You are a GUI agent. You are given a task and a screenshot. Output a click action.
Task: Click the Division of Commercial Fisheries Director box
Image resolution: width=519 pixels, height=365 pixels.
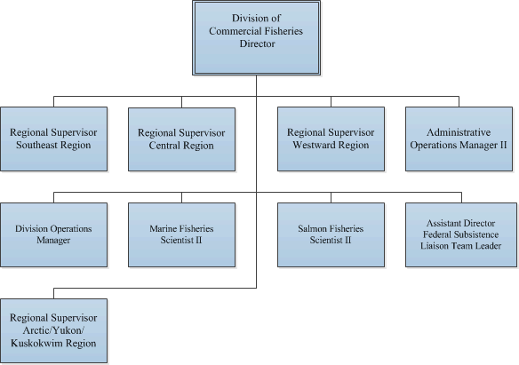coord(257,37)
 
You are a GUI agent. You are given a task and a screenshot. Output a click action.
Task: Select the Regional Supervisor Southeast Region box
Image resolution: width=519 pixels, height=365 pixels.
coord(53,139)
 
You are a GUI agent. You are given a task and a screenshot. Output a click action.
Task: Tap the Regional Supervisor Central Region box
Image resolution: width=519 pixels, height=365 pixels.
coord(181,139)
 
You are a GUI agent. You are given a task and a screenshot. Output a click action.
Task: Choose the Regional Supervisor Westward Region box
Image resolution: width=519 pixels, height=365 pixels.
coord(331,139)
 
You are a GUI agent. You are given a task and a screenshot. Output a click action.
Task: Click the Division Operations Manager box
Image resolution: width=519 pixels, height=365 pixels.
coord(53,234)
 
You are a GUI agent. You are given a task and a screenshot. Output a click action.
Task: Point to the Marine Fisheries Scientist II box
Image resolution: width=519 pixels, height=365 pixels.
coord(181,234)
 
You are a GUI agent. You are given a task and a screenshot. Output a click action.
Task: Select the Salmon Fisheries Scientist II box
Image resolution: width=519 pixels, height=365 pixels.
coord(331,234)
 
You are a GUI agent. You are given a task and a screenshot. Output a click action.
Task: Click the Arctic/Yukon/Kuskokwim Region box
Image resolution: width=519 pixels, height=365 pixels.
coord(53,330)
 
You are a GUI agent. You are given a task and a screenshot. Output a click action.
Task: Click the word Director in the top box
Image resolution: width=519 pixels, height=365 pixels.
coord(258,44)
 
